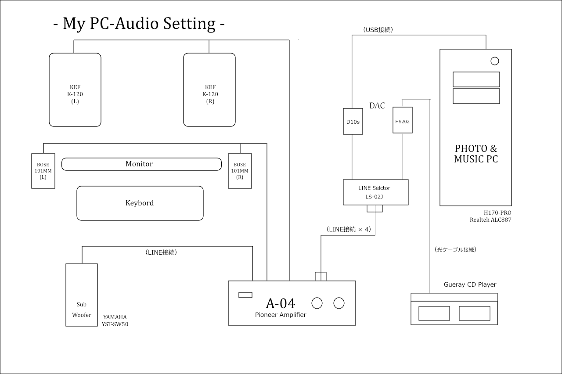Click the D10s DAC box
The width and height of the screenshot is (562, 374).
point(353,121)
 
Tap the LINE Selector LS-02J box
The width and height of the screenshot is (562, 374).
point(376,192)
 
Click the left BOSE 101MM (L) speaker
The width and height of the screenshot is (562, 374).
point(43,171)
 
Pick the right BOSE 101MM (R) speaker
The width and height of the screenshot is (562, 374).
point(240,171)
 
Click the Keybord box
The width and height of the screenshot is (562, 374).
point(140,203)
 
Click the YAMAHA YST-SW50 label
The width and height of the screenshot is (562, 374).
point(115,321)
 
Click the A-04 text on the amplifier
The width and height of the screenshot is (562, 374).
point(281,303)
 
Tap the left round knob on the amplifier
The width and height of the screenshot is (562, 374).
point(317,303)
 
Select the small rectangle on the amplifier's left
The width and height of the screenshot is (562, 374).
point(245,295)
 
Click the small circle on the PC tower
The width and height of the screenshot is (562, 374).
point(495,61)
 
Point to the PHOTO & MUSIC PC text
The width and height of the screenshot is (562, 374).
point(476,154)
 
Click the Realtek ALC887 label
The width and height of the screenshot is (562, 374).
point(490,219)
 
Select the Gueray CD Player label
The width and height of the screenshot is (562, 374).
point(470,284)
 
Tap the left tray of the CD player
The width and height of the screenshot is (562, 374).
point(434,313)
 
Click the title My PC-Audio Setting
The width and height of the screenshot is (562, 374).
point(139,24)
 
